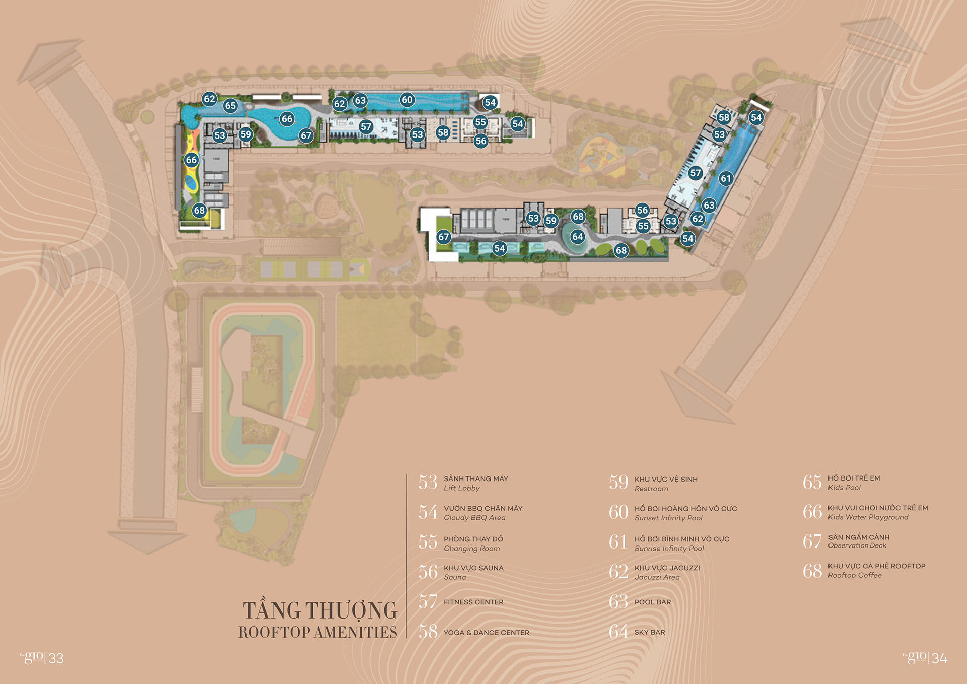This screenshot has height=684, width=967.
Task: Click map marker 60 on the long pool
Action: pyautogui.click(x=407, y=100)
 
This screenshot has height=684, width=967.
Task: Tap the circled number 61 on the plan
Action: pyautogui.click(x=726, y=178)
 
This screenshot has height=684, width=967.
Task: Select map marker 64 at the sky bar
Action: pyautogui.click(x=578, y=237)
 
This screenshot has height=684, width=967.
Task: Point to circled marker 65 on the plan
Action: pyautogui.click(x=230, y=106)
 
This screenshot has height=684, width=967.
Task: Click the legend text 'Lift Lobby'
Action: pyautogui.click(x=461, y=488)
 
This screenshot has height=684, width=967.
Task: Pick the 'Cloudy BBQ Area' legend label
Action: pyautogui.click(x=474, y=518)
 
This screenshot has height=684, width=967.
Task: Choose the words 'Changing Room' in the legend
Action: pyautogui.click(x=471, y=549)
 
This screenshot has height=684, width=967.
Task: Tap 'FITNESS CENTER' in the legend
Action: pyautogui.click(x=473, y=602)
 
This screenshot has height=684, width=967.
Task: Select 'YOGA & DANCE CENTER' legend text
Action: pyautogui.click(x=486, y=633)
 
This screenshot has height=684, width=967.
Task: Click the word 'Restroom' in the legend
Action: pyautogui.click(x=651, y=489)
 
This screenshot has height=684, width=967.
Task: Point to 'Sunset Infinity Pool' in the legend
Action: pyautogui.click(x=668, y=518)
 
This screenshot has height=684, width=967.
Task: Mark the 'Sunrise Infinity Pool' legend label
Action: pyautogui.click(x=669, y=549)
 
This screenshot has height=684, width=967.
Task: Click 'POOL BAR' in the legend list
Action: pyautogui.click(x=652, y=602)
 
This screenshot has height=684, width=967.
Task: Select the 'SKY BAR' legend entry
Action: pyautogui.click(x=649, y=632)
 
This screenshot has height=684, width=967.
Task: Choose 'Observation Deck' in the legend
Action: pyautogui.click(x=857, y=545)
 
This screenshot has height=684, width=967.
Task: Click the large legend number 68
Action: pyautogui.click(x=812, y=571)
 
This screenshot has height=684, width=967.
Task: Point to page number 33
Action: pyautogui.click(x=56, y=658)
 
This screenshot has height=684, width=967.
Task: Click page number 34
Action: pyautogui.click(x=939, y=658)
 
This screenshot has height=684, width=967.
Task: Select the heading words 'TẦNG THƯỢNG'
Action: pyautogui.click(x=320, y=610)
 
